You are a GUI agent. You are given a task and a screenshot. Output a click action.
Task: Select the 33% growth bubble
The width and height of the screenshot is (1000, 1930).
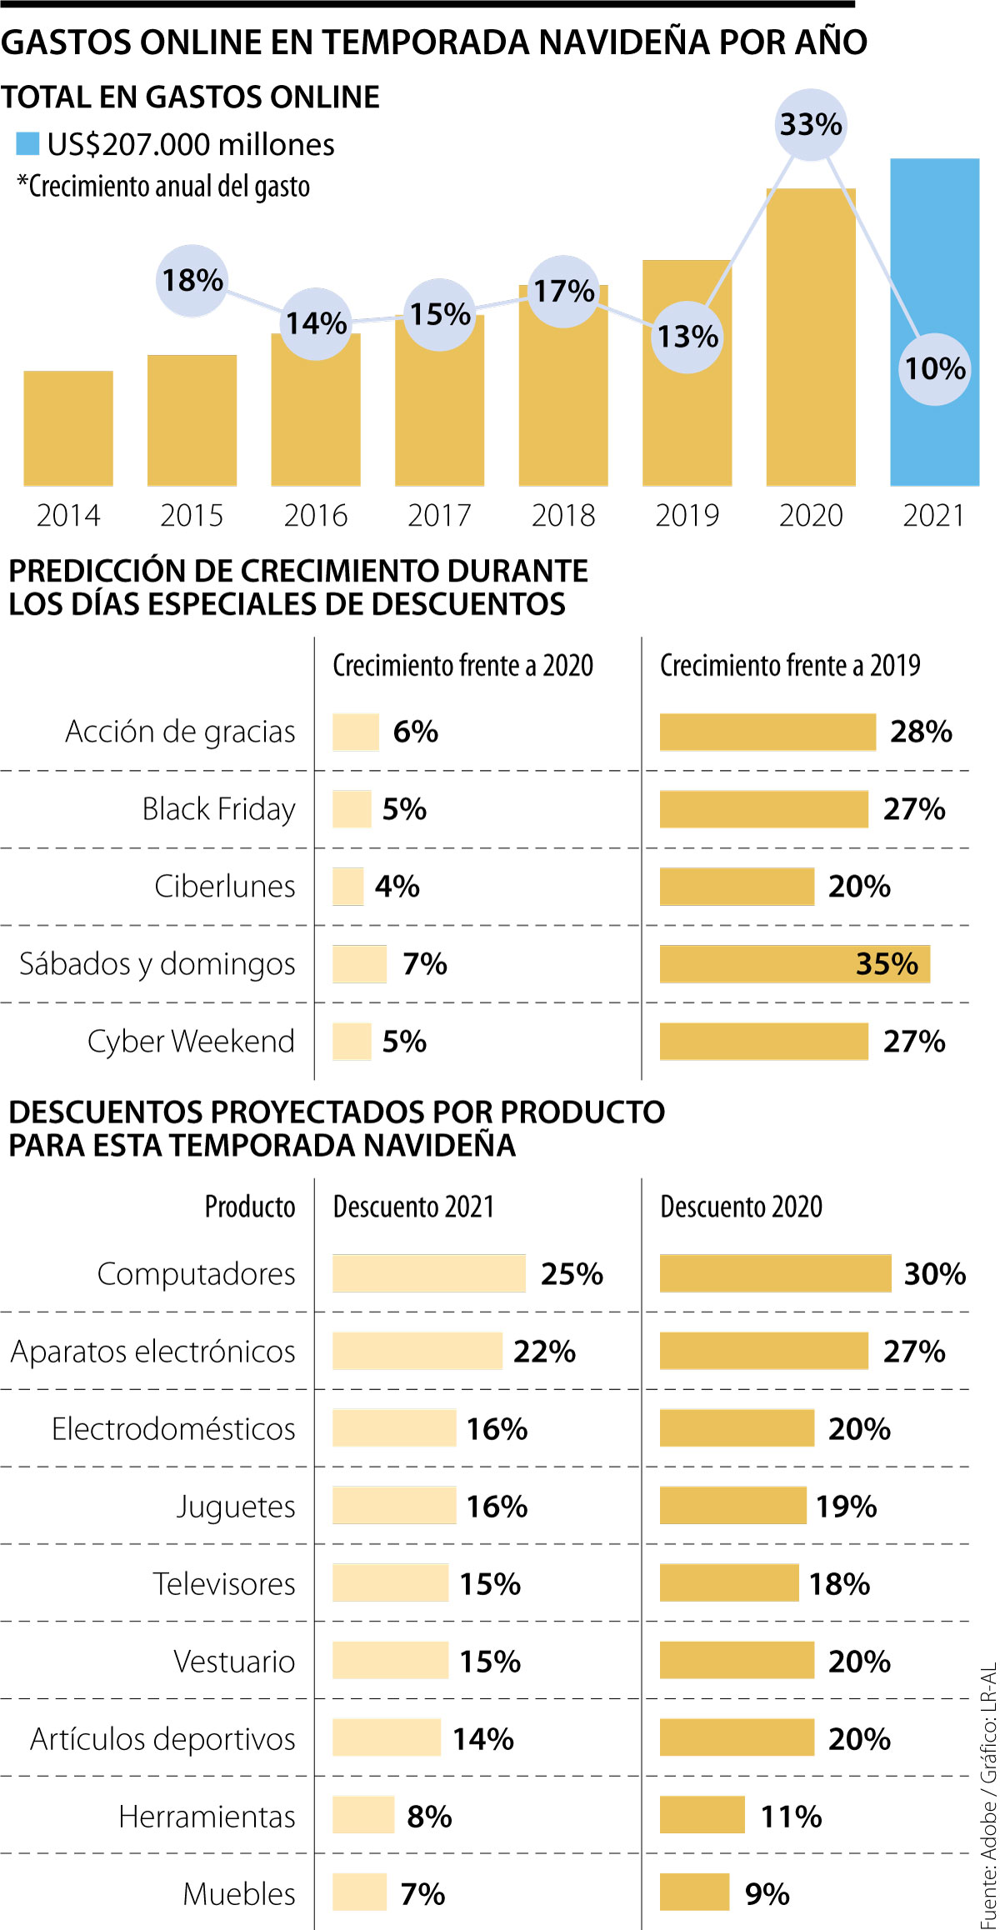(811, 125)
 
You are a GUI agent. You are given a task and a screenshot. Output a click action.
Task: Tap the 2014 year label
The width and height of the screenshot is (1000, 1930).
(68, 515)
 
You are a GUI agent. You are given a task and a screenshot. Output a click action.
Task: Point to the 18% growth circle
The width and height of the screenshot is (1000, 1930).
(192, 281)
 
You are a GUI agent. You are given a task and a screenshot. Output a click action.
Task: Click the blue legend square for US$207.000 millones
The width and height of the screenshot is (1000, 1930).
(27, 143)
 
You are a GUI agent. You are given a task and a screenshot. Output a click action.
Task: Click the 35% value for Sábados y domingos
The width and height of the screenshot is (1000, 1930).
(887, 964)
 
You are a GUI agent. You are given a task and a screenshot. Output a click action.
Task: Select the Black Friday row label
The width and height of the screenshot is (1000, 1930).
(218, 809)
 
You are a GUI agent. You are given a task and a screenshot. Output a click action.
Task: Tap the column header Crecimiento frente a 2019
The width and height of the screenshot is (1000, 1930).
(790, 665)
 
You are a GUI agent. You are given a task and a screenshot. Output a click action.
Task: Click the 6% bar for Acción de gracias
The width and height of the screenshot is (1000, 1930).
(356, 732)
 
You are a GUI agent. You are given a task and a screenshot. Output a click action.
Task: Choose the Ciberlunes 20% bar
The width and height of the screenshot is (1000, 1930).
(737, 887)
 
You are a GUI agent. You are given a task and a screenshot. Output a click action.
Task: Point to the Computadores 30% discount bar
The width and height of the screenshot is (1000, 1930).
(775, 1273)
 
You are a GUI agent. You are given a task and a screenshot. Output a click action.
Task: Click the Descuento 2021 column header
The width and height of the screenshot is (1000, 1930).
(413, 1207)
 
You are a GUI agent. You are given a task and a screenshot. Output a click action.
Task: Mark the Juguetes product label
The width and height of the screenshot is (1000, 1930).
(236, 1506)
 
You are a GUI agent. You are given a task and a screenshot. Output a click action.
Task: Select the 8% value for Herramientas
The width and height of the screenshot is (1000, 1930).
(429, 1816)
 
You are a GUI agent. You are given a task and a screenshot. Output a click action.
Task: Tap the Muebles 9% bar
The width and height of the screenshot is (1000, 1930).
(694, 1893)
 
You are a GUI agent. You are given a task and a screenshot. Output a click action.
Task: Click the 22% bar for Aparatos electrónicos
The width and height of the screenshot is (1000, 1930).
(417, 1351)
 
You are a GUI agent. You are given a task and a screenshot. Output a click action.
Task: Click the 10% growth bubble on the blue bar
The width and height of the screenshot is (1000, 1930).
(935, 369)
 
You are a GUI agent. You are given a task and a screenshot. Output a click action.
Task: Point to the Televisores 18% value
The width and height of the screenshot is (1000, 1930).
(839, 1583)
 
